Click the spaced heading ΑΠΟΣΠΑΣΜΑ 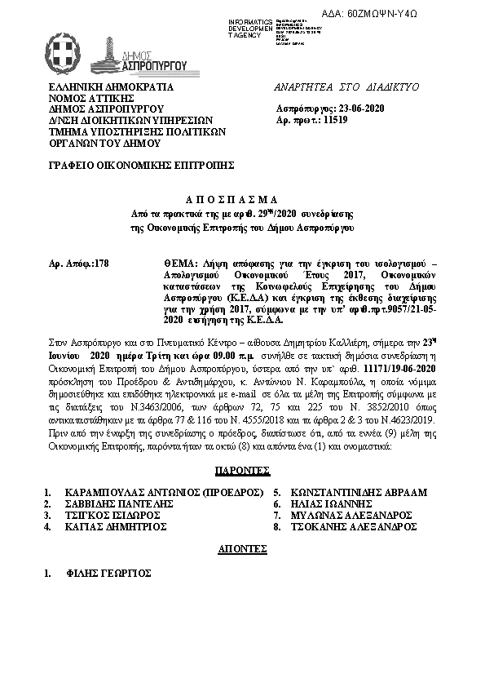pyautogui.click(x=241, y=199)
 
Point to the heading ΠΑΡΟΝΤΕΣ pyautogui.click(x=242, y=471)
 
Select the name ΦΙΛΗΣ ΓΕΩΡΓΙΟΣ pyautogui.click(x=109, y=574)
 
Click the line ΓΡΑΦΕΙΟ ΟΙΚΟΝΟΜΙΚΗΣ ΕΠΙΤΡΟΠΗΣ pyautogui.click(x=142, y=164)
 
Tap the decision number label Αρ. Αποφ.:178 pyautogui.click(x=79, y=264)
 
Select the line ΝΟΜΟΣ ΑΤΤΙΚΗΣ pyautogui.click(x=92, y=96)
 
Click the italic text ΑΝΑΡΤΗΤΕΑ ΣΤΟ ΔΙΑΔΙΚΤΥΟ pyautogui.click(x=346, y=85)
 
